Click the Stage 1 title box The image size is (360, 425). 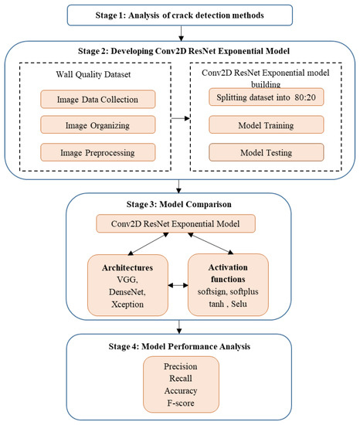[x=179, y=14]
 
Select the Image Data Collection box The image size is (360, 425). [x=97, y=99]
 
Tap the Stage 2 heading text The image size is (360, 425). [x=179, y=51]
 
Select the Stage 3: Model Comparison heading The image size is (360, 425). [x=179, y=206]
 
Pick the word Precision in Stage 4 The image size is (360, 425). [x=179, y=365]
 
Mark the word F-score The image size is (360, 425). [x=179, y=403]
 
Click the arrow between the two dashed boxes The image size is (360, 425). [x=181, y=119]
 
